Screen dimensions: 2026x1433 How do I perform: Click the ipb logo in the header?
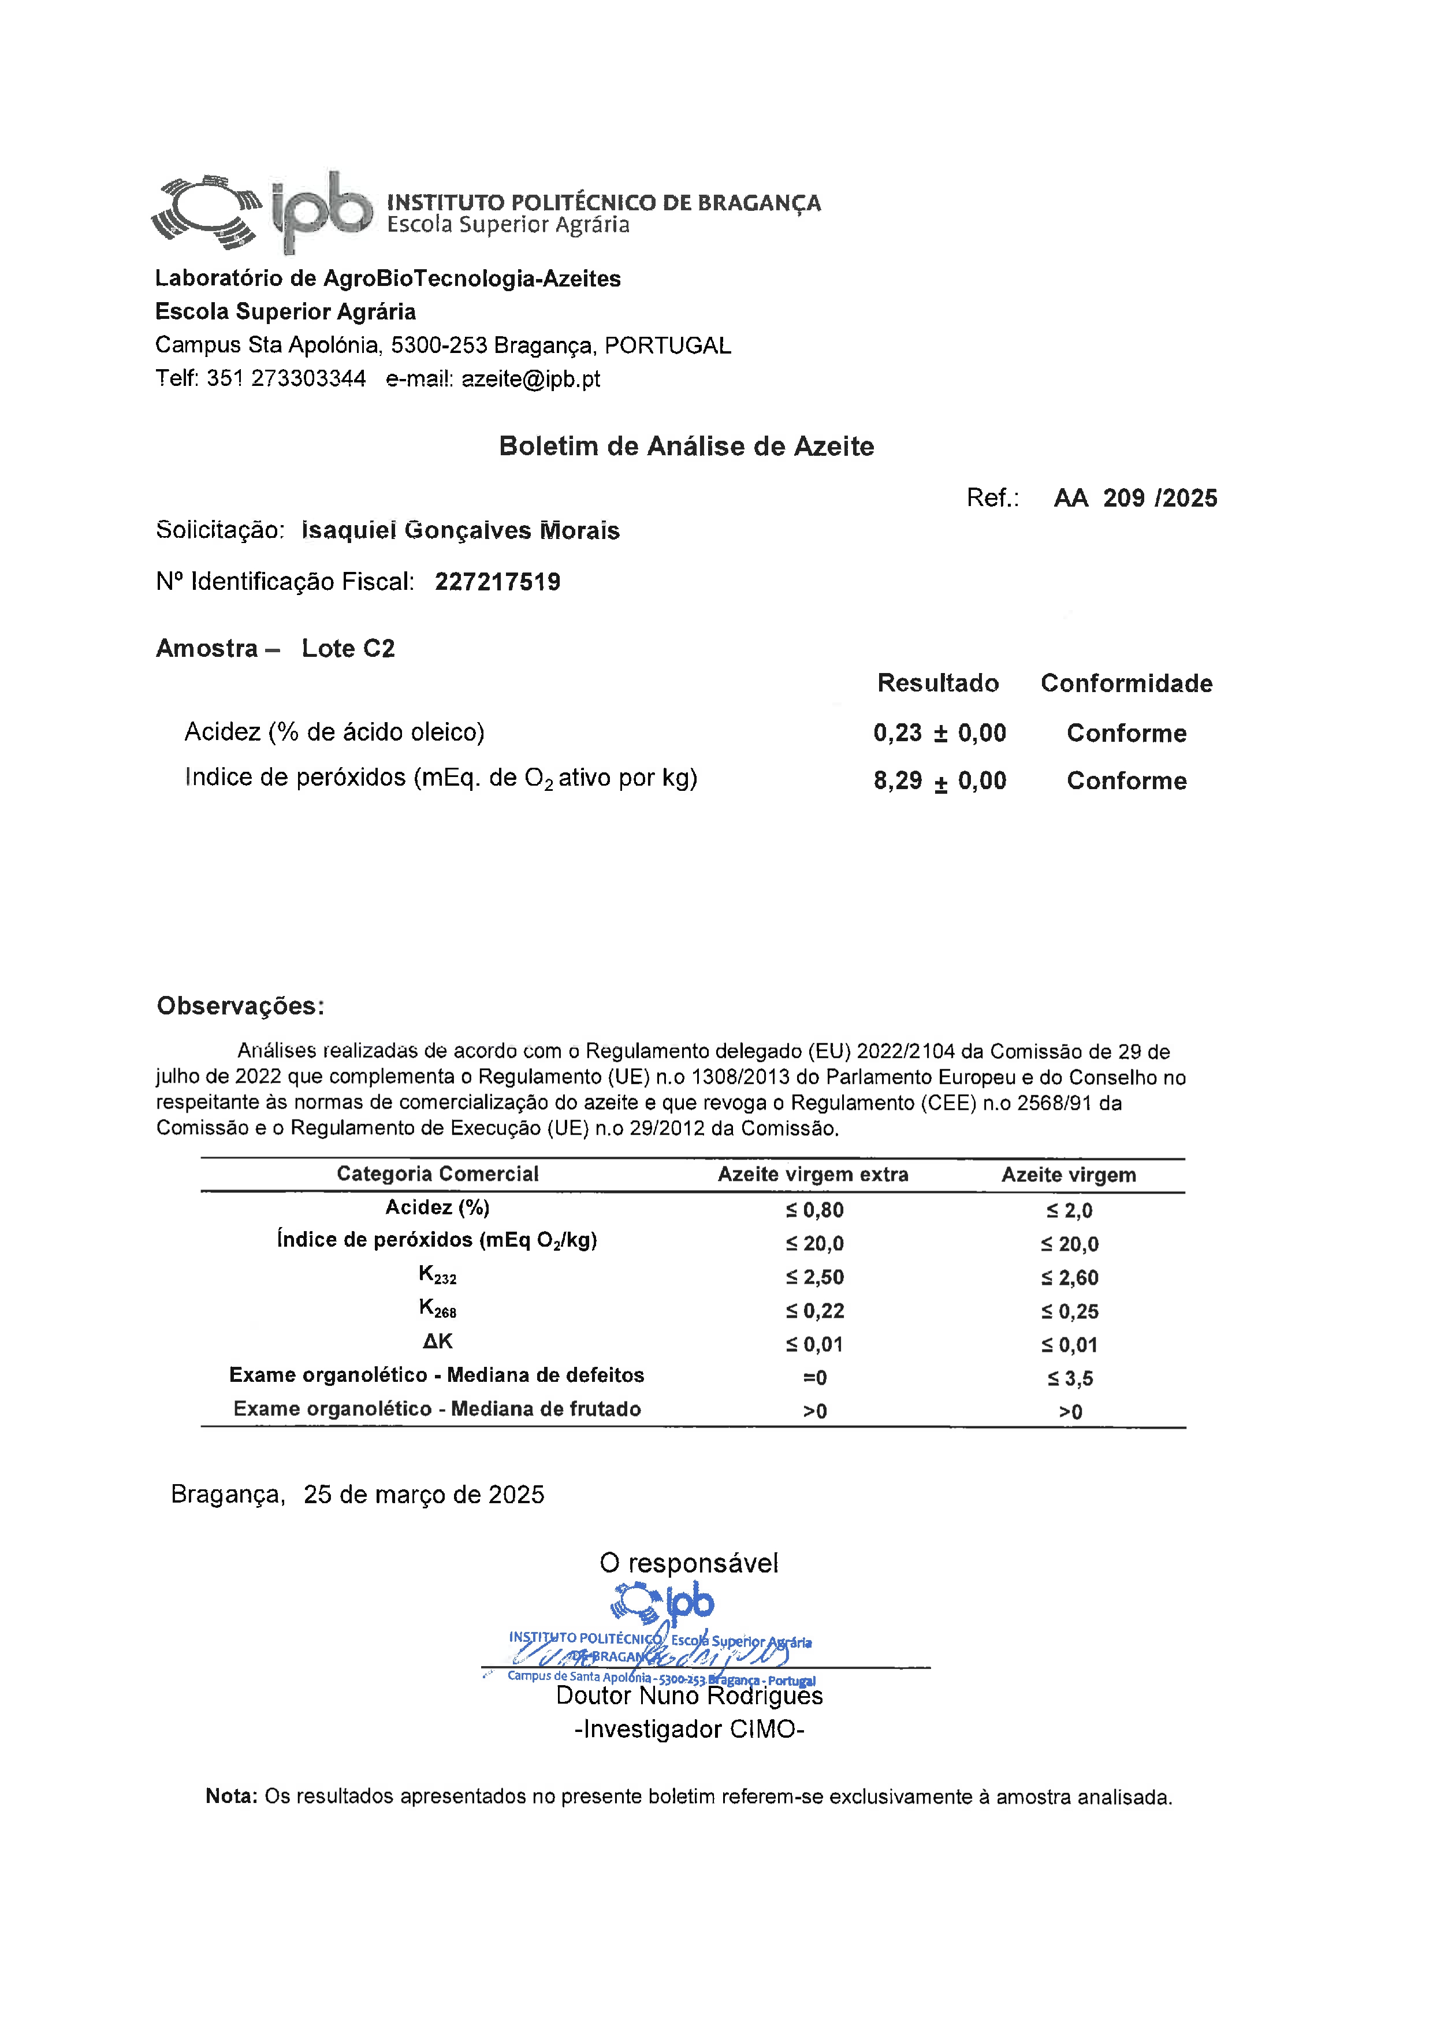[x=263, y=213]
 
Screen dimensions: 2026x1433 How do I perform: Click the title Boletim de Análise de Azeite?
[x=687, y=447]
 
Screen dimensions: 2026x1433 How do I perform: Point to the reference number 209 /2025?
[x=1159, y=499]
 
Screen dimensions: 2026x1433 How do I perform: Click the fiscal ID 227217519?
[x=498, y=582]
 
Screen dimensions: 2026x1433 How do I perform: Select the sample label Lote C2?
[x=348, y=649]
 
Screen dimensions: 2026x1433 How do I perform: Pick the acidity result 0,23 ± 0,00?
[x=940, y=733]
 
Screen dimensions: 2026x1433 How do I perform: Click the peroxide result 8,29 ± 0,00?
[x=940, y=781]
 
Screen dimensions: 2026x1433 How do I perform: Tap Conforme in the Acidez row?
[x=1127, y=733]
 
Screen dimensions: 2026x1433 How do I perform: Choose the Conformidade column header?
[x=1127, y=684]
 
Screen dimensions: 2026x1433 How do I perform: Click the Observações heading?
[x=241, y=1006]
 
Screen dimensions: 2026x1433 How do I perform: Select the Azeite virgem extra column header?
[x=813, y=1174]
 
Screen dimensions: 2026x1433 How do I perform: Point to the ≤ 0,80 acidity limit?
[x=814, y=1210]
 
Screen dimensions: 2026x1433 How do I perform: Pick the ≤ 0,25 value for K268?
[x=1070, y=1312]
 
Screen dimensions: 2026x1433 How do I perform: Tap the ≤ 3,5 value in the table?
[x=1070, y=1378]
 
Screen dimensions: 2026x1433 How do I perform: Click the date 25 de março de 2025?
[x=423, y=1495]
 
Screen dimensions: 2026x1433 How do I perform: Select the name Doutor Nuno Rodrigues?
[x=689, y=1696]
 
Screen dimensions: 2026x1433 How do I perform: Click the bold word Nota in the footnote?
[x=231, y=1797]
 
